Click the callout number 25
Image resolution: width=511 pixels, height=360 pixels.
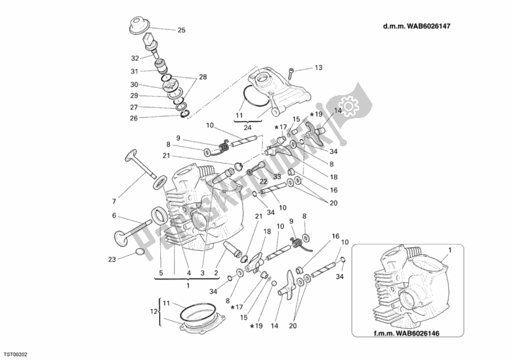pos(181,30)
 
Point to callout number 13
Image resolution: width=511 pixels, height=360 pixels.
pos(319,68)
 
